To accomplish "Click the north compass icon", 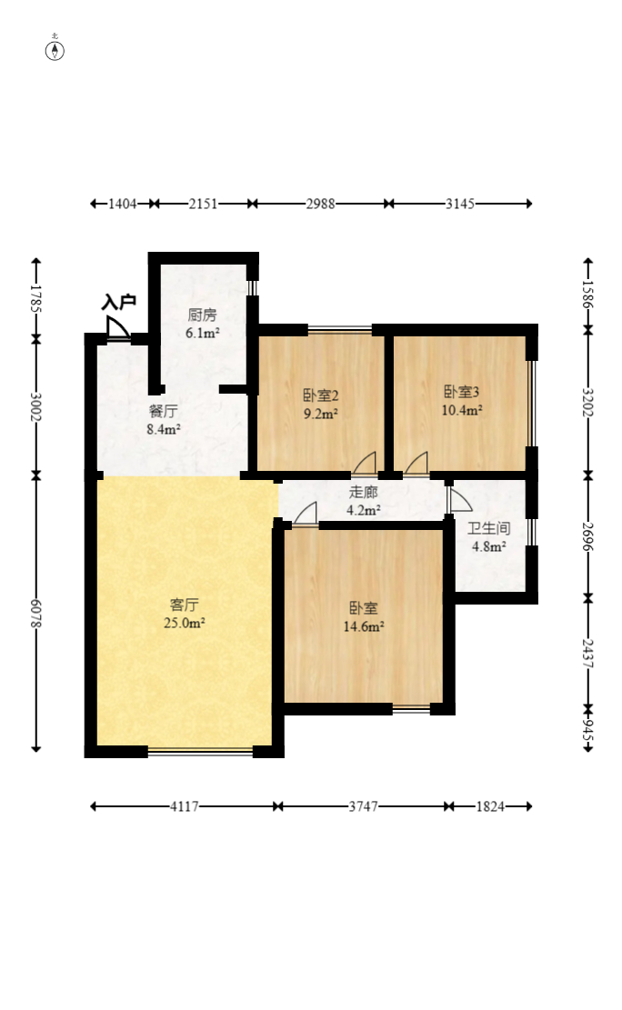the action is coord(55,50).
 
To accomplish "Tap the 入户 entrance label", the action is coord(118,302).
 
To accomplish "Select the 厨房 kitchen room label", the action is coord(203,315).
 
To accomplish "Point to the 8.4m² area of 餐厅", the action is coord(163,429).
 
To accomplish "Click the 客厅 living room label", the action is coord(185,605).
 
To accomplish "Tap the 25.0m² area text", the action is coord(185,623).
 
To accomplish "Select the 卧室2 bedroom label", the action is coord(321,395).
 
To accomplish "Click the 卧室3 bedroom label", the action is coord(462,392).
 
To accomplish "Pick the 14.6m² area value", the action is coord(364,626).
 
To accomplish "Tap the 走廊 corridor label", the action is coord(363,492).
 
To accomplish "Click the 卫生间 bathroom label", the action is coord(488,528).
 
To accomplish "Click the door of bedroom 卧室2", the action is coord(364,464).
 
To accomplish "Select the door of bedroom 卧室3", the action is coord(416,464).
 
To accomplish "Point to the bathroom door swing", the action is coord(459,500).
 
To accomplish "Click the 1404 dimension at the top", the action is coord(123,205).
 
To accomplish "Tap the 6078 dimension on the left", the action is coord(36,614).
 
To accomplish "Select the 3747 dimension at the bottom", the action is coord(363,806).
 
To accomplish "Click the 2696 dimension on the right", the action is coord(587,536).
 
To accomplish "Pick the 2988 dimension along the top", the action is coord(320,205).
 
